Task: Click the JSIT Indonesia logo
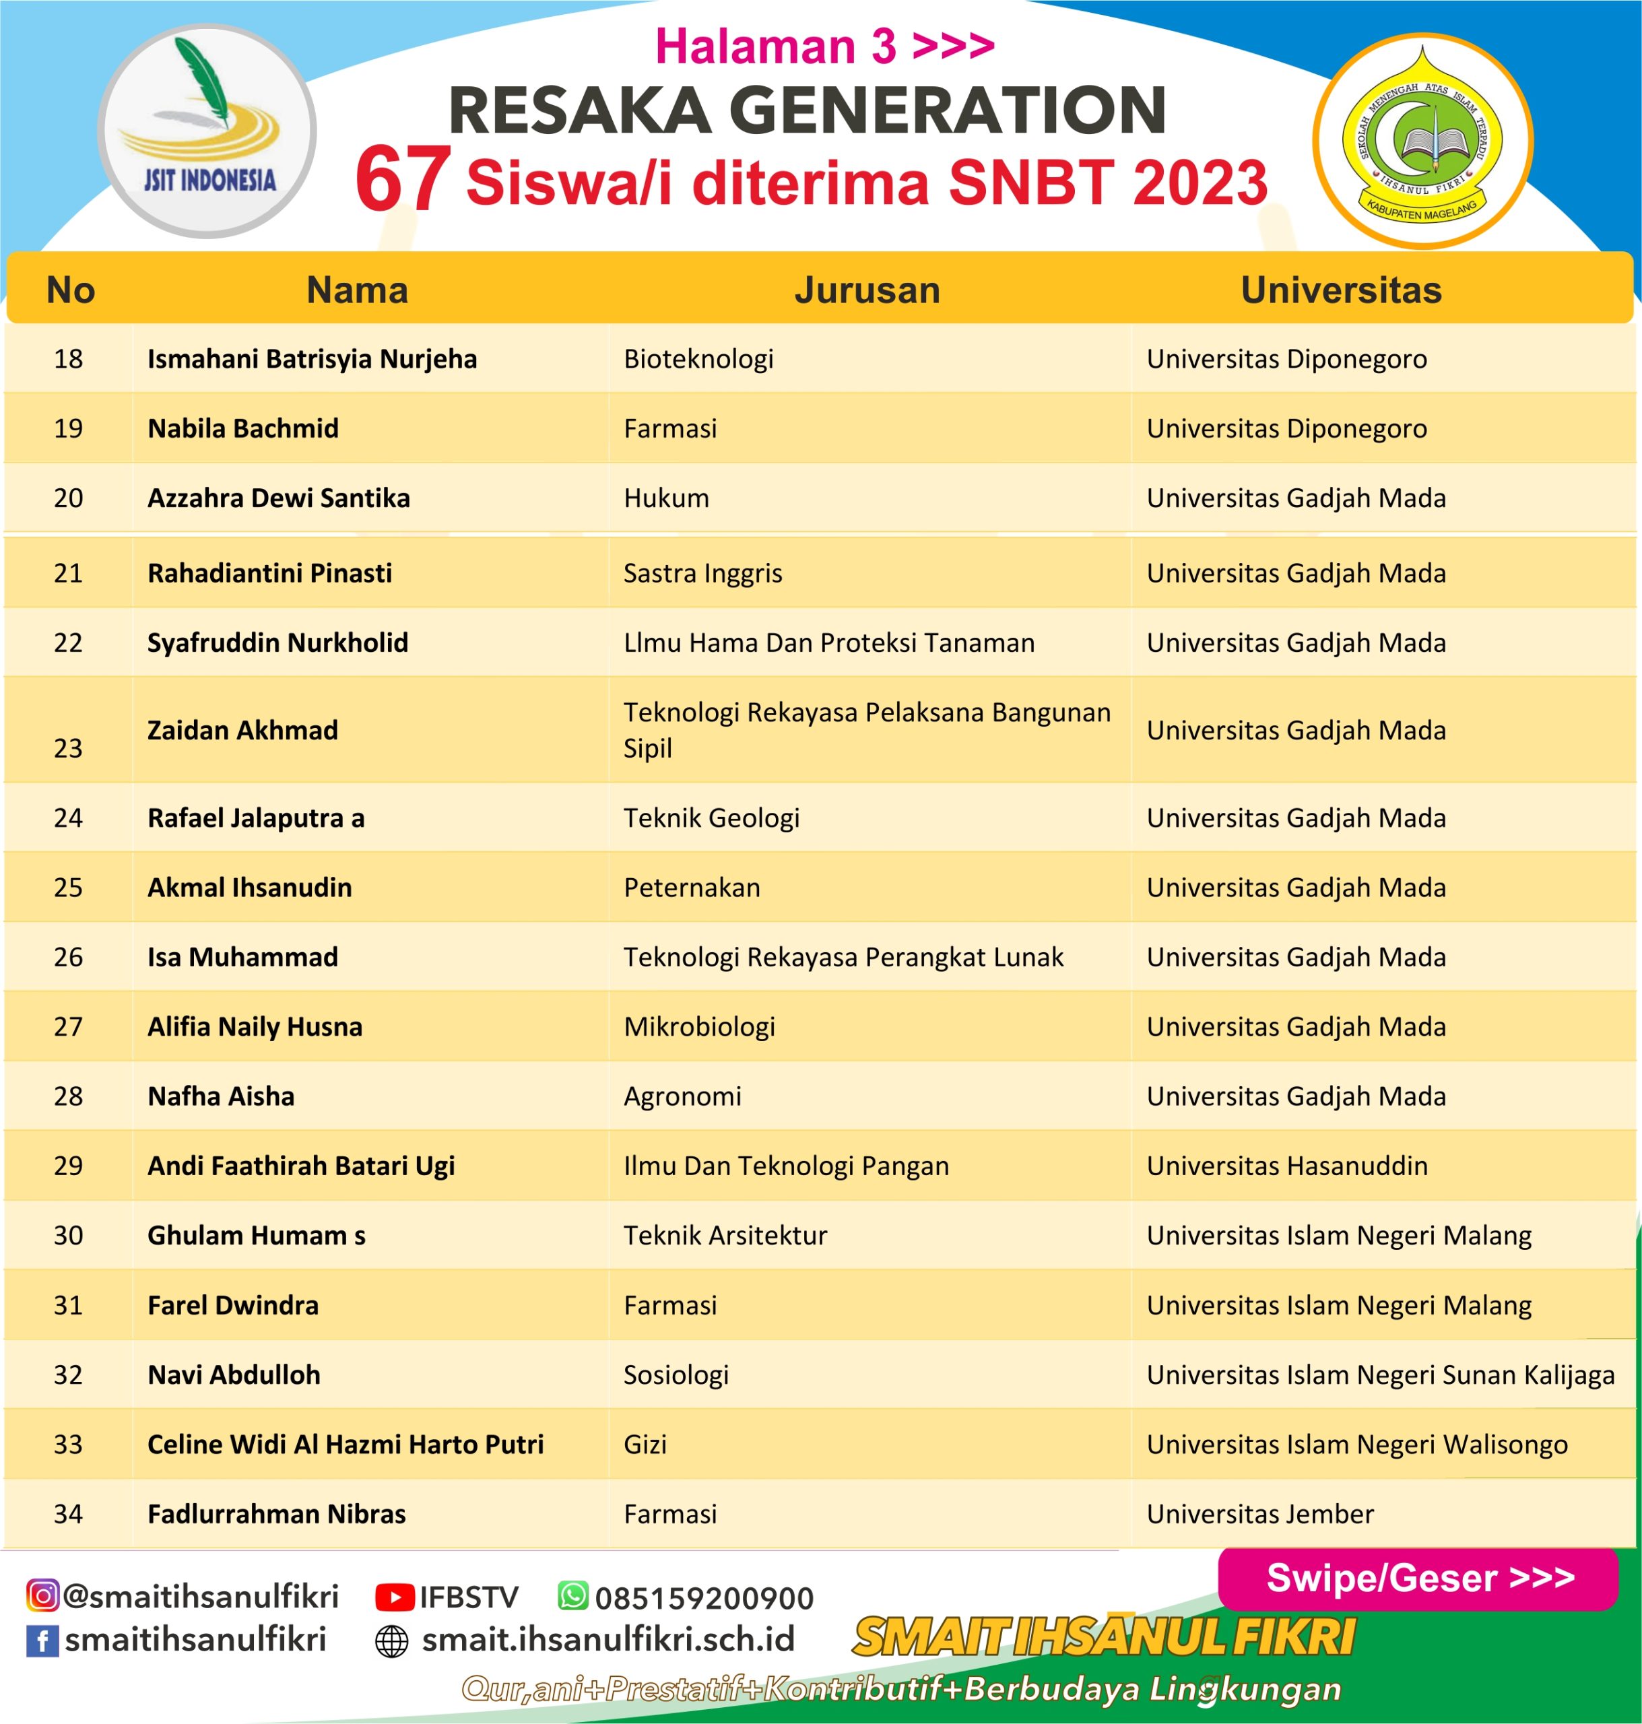(207, 131)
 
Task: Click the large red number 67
(403, 179)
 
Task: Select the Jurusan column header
(867, 290)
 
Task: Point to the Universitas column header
(1340, 290)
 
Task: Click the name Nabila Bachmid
(242, 428)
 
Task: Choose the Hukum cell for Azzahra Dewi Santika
(666, 498)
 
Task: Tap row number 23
(68, 748)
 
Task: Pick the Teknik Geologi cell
(711, 818)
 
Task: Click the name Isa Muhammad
(242, 956)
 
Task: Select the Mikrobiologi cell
(699, 1026)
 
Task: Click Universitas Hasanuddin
(1286, 1166)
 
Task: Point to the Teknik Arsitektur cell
(725, 1235)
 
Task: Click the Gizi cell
(645, 1444)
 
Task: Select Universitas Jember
(1259, 1513)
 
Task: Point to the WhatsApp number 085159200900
(704, 1598)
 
